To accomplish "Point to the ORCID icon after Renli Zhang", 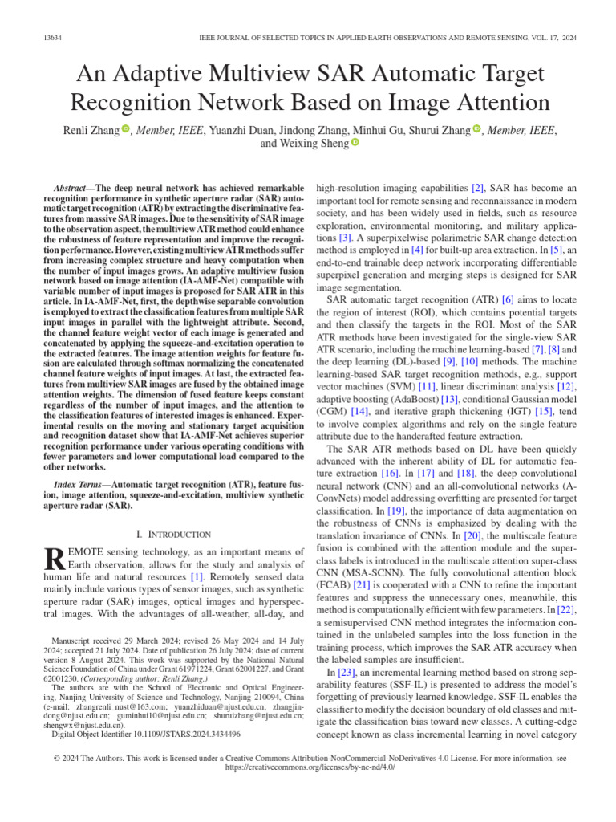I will (x=126, y=128).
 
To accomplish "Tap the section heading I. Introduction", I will (x=174, y=534).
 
